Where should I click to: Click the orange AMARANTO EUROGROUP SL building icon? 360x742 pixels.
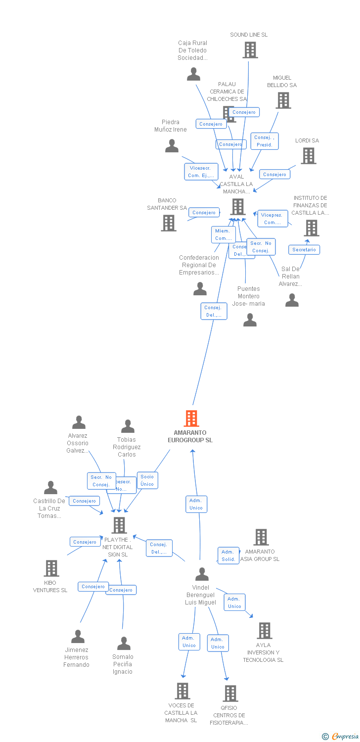click(x=191, y=418)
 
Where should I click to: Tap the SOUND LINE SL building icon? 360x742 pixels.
click(x=250, y=50)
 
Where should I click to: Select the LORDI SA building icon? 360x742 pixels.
click(x=309, y=156)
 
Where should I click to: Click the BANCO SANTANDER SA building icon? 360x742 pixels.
click(x=169, y=223)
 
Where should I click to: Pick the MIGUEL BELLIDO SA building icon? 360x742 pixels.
click(x=283, y=100)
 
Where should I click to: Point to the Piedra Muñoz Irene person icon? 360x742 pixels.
click(x=172, y=146)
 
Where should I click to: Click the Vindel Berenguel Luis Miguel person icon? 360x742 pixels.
click(x=202, y=574)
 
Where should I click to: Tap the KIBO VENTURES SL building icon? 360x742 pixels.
click(x=51, y=568)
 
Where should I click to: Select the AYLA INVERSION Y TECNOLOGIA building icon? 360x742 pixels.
click(x=265, y=631)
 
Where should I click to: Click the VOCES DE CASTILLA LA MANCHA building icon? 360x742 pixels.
click(x=182, y=691)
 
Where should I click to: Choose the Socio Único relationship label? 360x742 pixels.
click(x=147, y=480)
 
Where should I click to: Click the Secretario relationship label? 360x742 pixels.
click(x=304, y=250)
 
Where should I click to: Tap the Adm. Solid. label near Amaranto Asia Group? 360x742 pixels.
click(x=228, y=556)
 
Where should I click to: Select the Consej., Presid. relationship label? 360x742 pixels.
click(x=265, y=141)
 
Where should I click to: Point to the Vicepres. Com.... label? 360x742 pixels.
click(x=272, y=219)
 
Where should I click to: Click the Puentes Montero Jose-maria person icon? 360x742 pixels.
click(x=250, y=321)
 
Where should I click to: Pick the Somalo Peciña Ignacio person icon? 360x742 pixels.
click(x=124, y=644)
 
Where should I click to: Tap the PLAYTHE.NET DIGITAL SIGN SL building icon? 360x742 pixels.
click(x=119, y=525)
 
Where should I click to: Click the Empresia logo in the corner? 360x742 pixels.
click(x=340, y=737)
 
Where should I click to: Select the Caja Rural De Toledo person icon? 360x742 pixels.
click(x=193, y=74)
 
